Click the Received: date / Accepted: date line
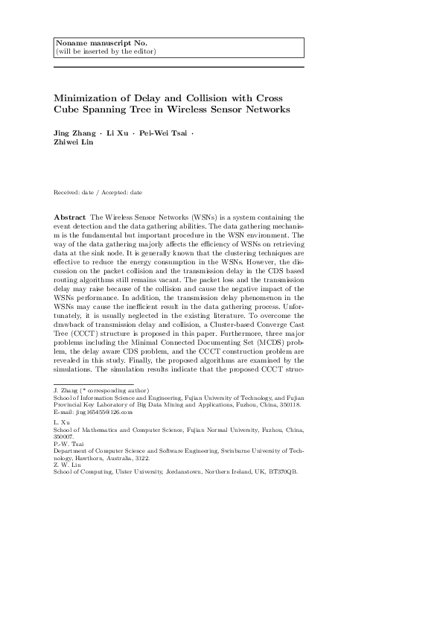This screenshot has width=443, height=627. tap(98, 192)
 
